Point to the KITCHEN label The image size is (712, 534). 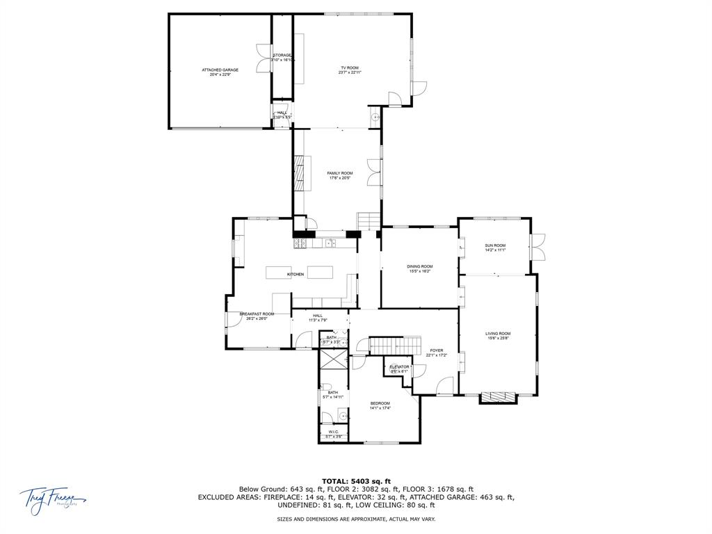[296, 275]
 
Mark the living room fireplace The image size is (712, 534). [498, 397]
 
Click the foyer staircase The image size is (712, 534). [394, 345]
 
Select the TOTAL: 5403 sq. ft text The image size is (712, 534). [356, 480]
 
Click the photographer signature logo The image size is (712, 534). [51, 499]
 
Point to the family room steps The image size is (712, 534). [368, 220]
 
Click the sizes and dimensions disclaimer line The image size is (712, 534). [356, 519]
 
